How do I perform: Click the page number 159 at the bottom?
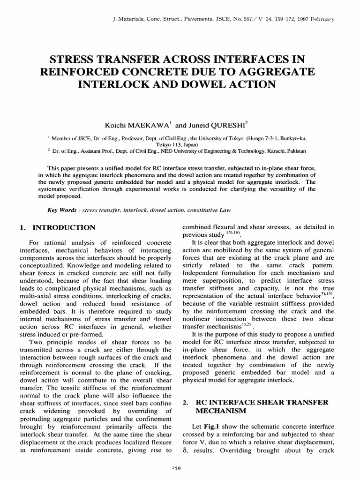point(180,467)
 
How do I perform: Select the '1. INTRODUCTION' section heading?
point(56,228)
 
